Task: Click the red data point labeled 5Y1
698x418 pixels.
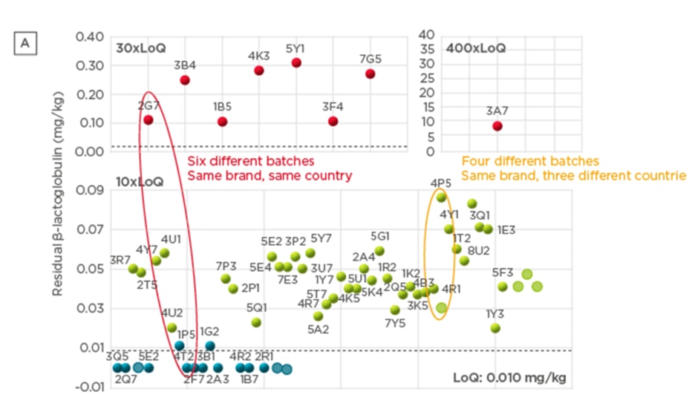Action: tap(296, 63)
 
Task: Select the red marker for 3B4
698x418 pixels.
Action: tap(185, 80)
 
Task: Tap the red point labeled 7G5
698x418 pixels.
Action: tap(370, 74)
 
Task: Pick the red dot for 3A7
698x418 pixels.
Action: tap(497, 126)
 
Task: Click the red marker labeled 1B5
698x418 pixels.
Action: tap(222, 121)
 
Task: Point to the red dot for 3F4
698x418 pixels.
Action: tap(333, 121)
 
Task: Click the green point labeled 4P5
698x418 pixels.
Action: tap(441, 197)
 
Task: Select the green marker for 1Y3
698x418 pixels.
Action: tap(495, 328)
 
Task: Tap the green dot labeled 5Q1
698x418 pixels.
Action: tap(256, 322)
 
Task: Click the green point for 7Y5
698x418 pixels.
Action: tap(395, 310)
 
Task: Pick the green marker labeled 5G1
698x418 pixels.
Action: tap(379, 251)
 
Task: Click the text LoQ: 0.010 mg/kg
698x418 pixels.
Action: tap(509, 378)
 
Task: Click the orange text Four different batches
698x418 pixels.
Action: tap(529, 161)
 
